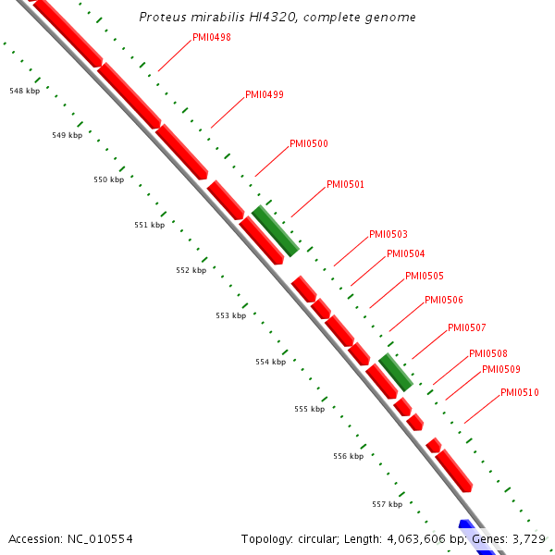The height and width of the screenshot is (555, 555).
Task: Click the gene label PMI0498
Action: pos(212,38)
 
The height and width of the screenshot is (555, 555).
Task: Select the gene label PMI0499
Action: pos(265,94)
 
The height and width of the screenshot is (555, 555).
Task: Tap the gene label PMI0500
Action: pos(309,143)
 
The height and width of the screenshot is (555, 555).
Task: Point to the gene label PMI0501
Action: pos(345,184)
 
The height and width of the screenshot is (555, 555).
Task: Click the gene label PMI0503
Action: pos(388,234)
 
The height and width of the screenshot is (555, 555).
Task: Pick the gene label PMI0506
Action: pos(444,300)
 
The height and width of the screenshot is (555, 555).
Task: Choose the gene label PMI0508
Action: pos(488,353)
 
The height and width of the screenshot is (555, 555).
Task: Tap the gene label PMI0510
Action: pos(520,392)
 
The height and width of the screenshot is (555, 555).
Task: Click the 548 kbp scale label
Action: pos(24,91)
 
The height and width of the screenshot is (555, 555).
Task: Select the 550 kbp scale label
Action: pos(108,179)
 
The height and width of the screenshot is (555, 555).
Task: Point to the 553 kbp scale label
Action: pos(230,315)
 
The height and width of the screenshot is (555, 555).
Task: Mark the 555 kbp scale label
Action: pos(310,409)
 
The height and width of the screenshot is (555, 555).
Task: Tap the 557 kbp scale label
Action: pos(387,504)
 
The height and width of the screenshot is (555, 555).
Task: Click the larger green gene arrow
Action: pos(275,230)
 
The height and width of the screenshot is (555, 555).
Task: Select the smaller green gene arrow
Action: pos(396,372)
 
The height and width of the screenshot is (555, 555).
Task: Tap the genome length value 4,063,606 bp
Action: pos(415,538)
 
